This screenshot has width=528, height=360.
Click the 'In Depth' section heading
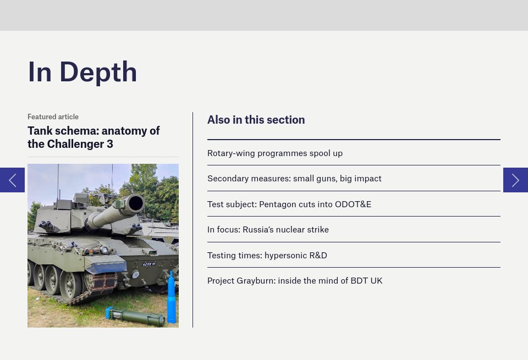(x=82, y=72)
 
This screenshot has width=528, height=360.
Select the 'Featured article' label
(x=53, y=117)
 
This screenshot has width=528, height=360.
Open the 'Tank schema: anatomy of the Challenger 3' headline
(x=94, y=137)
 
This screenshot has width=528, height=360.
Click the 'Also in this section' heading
(x=256, y=120)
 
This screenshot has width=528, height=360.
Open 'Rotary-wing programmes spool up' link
(x=274, y=153)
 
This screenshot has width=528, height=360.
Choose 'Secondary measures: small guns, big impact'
(x=294, y=179)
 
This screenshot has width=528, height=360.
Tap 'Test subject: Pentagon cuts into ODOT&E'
(x=289, y=204)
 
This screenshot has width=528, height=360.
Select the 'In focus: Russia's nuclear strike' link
(x=268, y=230)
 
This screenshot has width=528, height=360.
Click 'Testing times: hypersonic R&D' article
(x=267, y=255)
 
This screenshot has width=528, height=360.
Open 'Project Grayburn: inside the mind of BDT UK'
(x=294, y=281)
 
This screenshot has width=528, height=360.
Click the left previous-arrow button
(x=12, y=180)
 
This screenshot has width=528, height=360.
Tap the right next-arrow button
(x=515, y=180)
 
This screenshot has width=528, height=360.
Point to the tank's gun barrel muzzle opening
(x=135, y=204)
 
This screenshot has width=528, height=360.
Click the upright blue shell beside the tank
(x=172, y=300)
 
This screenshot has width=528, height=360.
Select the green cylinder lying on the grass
(x=137, y=317)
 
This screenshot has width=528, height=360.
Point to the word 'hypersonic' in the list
(x=285, y=255)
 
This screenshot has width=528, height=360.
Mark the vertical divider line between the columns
(x=193, y=220)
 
